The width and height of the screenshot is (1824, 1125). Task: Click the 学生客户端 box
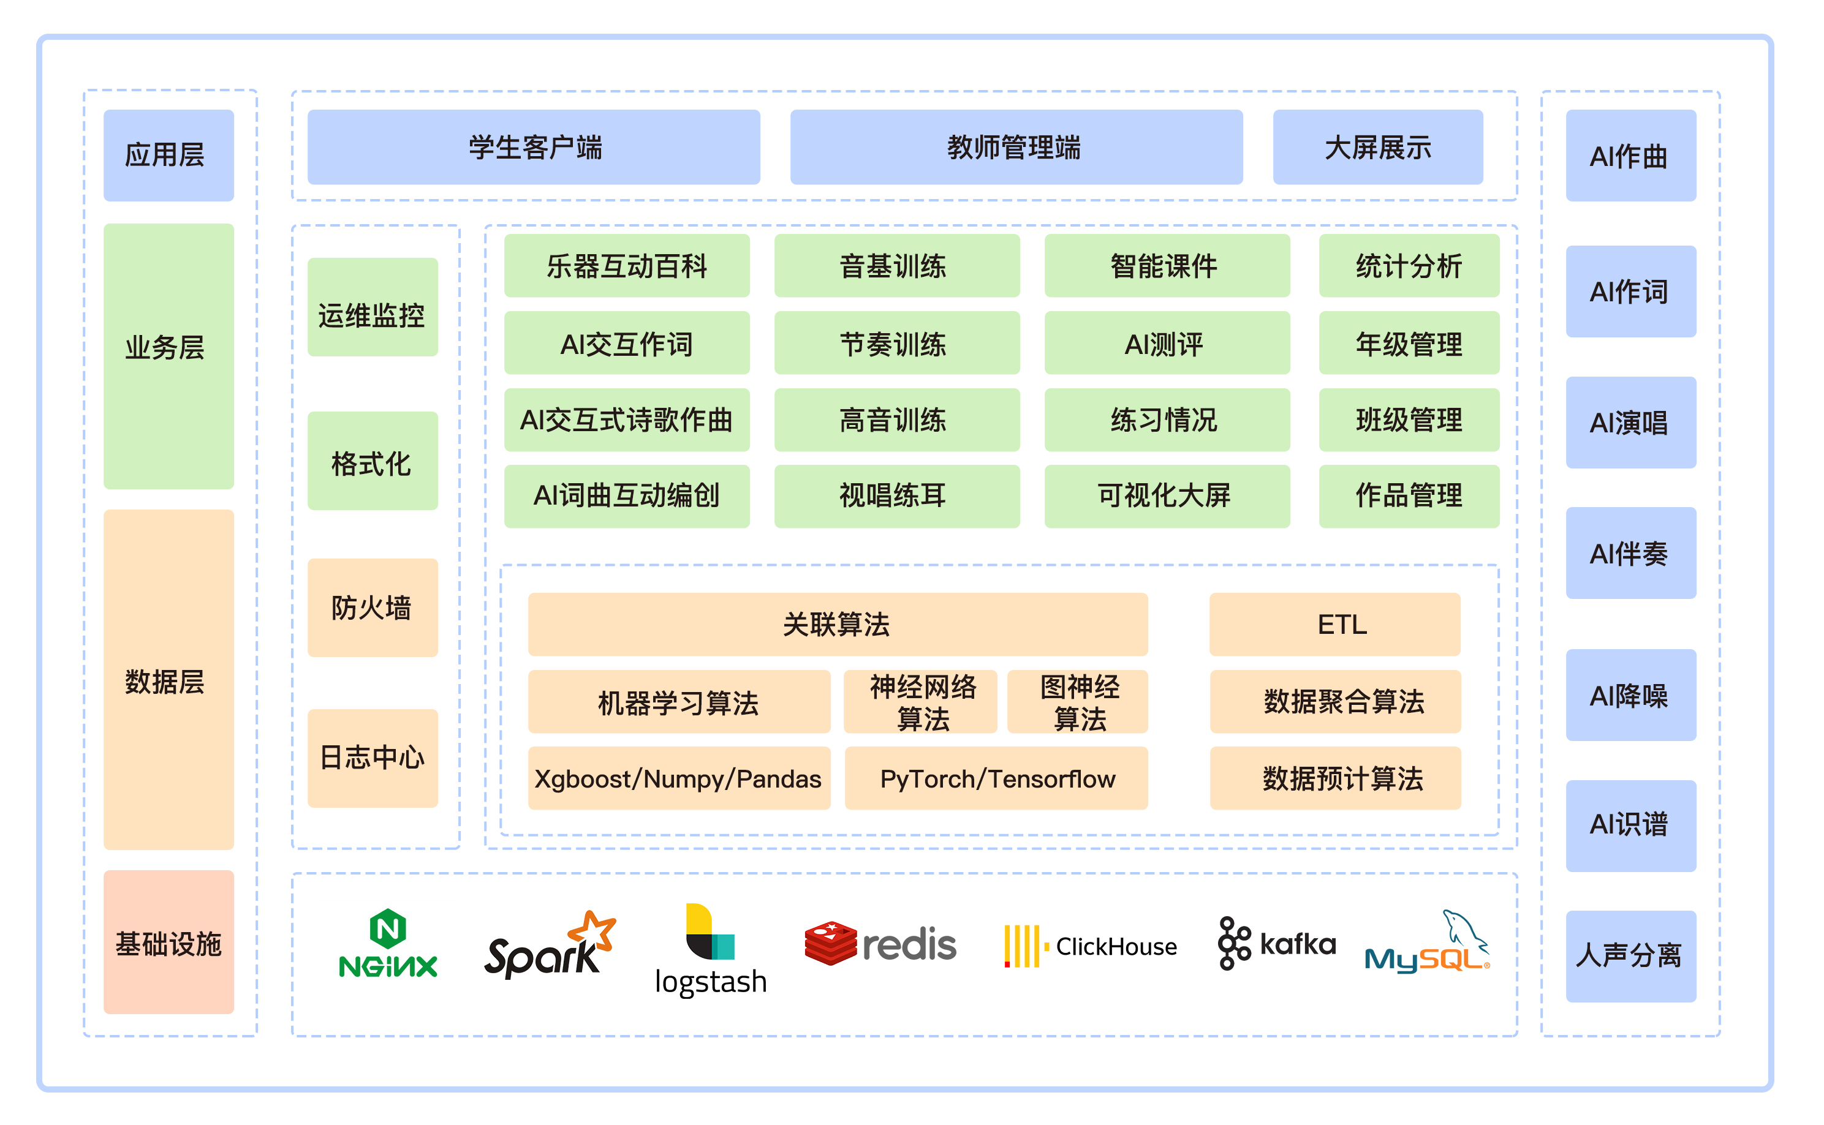coord(534,148)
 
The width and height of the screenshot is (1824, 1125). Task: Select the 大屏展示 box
coord(1377,148)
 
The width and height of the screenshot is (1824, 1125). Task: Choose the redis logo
coord(880,944)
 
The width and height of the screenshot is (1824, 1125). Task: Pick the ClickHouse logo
coord(1090,946)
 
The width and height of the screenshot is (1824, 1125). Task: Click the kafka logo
coord(1276,944)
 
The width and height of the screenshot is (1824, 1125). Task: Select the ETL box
coord(1335,624)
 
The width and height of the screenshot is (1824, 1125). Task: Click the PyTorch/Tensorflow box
coord(996,778)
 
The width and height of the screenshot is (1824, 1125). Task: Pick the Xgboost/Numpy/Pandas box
coord(679,778)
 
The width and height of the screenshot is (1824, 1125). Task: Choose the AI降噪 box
coord(1630,695)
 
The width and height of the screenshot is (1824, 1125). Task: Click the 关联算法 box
coord(837,624)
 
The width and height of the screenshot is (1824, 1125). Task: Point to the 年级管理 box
coord(1409,343)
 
